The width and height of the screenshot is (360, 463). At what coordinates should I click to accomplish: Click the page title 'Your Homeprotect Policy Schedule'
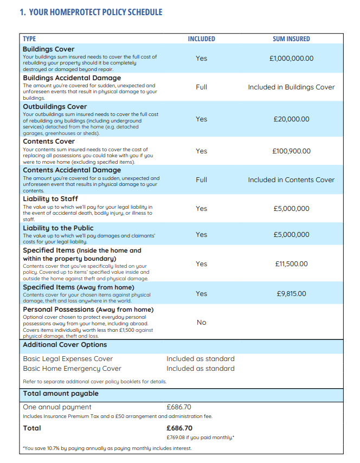coord(91,12)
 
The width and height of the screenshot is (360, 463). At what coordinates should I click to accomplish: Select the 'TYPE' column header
coord(29,39)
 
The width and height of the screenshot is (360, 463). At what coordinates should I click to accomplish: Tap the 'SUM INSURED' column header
coord(291,39)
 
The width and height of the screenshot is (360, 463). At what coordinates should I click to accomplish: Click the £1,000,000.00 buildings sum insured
coord(291,59)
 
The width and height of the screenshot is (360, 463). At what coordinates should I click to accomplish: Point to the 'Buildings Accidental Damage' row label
coord(72,78)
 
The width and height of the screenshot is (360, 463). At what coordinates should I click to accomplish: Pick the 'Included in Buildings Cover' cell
coord(291,87)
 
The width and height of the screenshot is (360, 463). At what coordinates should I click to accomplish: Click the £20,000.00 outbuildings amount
coord(291,119)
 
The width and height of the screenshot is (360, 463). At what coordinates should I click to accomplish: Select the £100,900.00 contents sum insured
coord(291,151)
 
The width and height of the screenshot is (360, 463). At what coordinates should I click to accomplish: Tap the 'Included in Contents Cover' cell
coord(291,179)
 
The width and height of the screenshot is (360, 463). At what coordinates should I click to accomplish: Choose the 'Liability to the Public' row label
coord(58,228)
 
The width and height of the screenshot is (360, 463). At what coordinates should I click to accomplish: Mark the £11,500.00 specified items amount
coord(291,263)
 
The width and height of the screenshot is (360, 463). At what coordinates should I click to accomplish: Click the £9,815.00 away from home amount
coord(291,293)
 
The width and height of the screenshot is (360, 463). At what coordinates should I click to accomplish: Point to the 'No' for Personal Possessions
coord(201,322)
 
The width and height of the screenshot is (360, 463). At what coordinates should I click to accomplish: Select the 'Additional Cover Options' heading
coord(65,345)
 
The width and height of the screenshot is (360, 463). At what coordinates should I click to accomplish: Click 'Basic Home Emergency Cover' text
coord(68,369)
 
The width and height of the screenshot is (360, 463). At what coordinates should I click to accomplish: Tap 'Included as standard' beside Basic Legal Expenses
coord(200,359)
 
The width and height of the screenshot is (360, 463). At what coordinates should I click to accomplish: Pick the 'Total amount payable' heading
coord(61,394)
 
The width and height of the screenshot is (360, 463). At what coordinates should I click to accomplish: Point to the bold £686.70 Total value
coord(179,428)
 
